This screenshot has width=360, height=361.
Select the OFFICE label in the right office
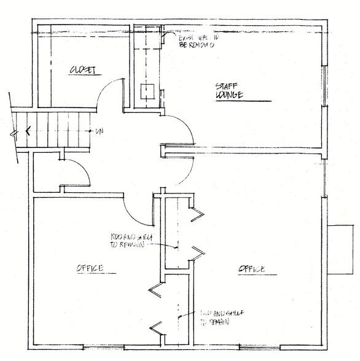(x=251, y=269)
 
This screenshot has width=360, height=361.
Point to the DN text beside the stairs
(x=98, y=131)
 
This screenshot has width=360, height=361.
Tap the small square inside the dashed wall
(x=147, y=91)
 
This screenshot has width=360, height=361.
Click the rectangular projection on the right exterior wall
(x=341, y=249)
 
